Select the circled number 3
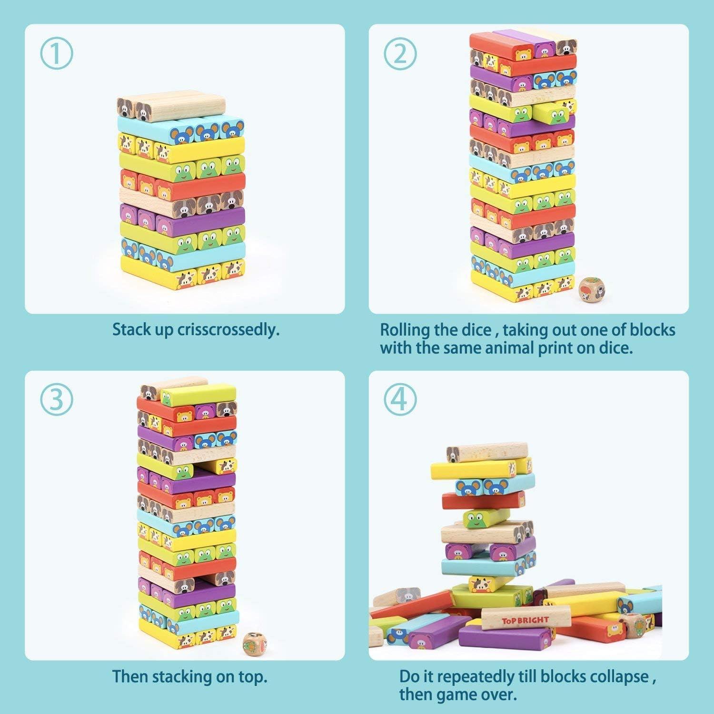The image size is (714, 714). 56,400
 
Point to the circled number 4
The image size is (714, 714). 400,400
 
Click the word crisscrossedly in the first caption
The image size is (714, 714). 228,329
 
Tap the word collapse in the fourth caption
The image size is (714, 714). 619,676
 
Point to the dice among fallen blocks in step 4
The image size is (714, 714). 634,625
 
